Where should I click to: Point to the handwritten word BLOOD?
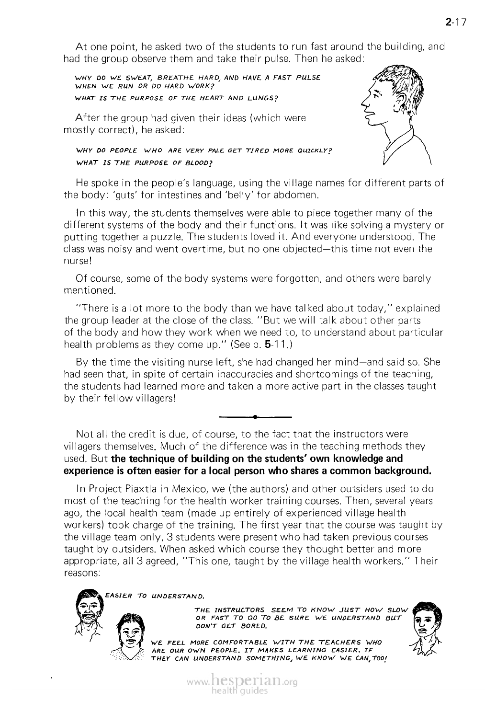click(x=199, y=162)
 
